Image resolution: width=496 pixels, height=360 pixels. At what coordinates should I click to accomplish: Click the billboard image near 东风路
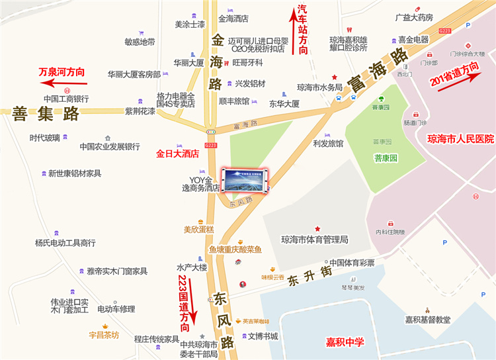(x=245, y=180)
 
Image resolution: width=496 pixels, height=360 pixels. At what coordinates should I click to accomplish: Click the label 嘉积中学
(x=345, y=342)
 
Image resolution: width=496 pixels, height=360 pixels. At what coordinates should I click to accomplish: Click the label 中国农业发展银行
(x=110, y=146)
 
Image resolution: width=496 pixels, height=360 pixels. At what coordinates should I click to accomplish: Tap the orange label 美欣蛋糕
(x=199, y=230)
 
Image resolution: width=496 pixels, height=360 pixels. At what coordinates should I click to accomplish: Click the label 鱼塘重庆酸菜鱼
(x=235, y=249)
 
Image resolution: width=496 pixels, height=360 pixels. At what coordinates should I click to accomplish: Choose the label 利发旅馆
(x=328, y=144)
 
